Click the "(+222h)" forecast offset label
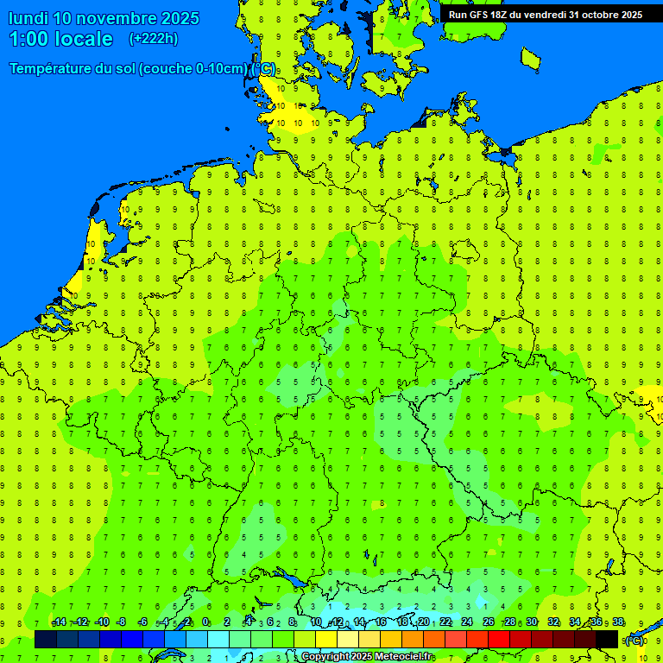154,39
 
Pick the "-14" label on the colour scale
59,622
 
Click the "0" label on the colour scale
205,622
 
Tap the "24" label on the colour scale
467,622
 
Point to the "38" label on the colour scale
618,622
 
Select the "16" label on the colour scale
381,622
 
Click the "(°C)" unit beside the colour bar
634,641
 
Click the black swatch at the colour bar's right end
607,640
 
